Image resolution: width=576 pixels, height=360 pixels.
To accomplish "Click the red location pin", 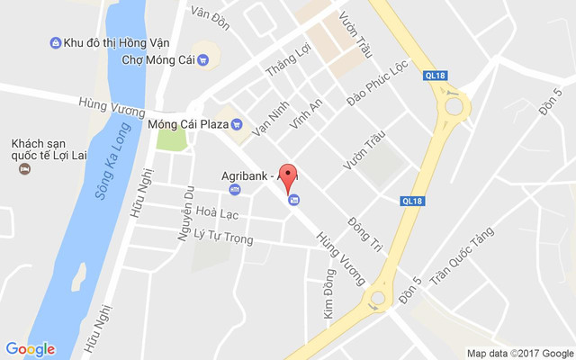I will pos(288,176).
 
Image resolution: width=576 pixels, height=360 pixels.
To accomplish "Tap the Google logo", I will pos(30,349).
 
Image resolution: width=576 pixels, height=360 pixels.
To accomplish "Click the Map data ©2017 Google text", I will pos(519,353).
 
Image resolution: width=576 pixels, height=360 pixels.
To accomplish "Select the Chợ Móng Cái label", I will pos(157,60).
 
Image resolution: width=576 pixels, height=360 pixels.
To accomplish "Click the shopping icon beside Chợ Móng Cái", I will pos(202,60).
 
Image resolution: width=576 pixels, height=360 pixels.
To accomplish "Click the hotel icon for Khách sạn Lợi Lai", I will pos(26,168).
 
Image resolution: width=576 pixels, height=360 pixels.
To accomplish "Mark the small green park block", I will pos(171,139).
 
